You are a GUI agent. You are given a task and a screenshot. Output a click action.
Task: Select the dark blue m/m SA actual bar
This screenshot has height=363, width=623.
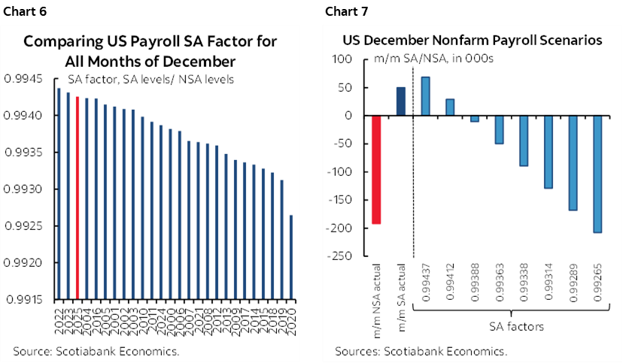tap(400, 101)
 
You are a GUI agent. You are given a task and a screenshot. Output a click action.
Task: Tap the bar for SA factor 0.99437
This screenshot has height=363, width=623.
tap(425, 96)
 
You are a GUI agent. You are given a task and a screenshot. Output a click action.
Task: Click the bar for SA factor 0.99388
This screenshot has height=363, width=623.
tap(474, 119)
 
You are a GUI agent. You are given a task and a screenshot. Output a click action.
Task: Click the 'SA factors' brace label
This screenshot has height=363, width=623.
tap(512, 328)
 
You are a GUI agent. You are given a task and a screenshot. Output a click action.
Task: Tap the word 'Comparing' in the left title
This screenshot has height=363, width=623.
tap(61, 41)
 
